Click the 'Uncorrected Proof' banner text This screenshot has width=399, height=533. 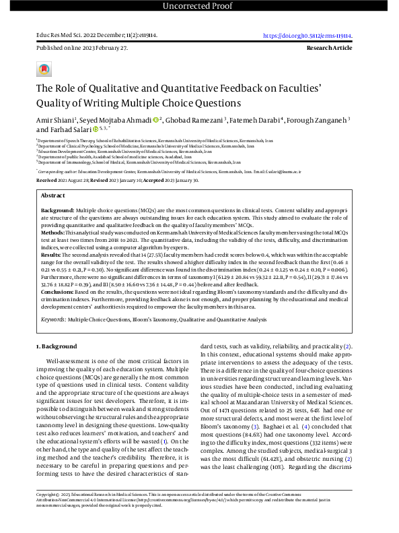point(198,7)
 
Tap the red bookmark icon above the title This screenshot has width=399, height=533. point(44,69)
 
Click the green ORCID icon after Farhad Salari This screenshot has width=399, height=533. point(96,129)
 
